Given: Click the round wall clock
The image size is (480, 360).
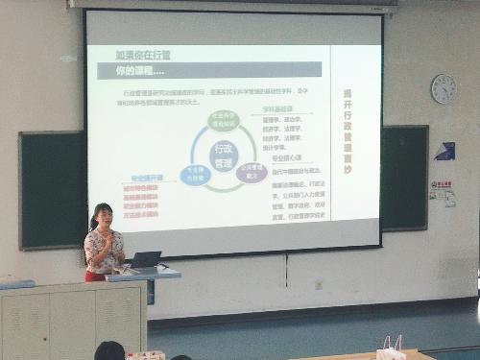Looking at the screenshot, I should click(444, 89).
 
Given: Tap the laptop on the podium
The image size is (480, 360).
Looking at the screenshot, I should click(145, 259).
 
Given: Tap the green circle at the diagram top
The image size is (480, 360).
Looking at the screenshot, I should click(223, 121).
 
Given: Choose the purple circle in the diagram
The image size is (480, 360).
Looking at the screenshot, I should click(252, 174).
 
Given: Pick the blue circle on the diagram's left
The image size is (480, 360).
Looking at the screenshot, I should click(195, 175).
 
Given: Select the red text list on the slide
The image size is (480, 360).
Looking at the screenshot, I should click(141, 198).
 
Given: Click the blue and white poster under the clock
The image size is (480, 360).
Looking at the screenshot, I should click(444, 151).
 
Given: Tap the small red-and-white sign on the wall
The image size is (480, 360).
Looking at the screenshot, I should click(442, 184).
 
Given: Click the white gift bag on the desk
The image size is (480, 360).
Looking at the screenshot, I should click(392, 348).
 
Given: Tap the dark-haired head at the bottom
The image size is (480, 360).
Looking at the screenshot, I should click(109, 351).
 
